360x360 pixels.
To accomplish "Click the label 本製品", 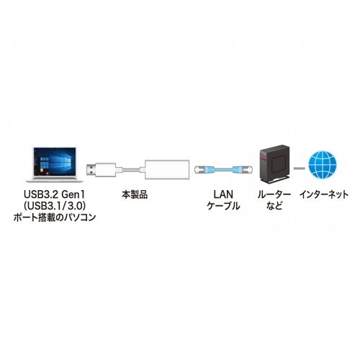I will point(135,194).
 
